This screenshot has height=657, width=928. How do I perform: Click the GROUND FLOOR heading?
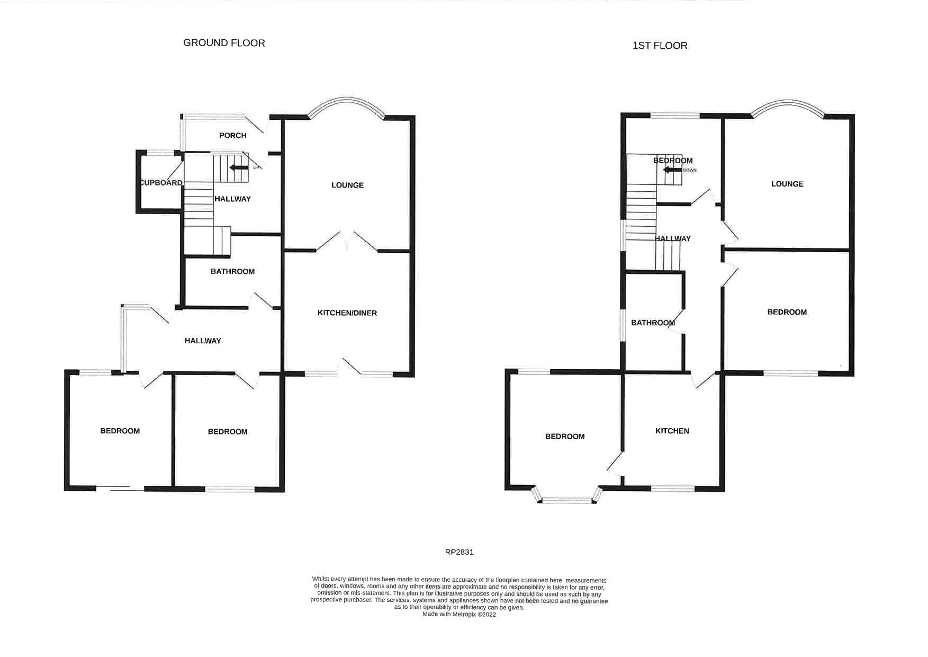[x=224, y=43]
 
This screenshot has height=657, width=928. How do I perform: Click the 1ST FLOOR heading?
[x=660, y=46]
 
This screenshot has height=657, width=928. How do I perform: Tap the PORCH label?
[x=232, y=135]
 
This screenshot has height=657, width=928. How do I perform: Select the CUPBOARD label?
[x=161, y=183]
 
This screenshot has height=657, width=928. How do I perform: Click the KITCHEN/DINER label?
[x=347, y=313]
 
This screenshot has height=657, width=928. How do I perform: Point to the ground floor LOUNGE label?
[x=347, y=185]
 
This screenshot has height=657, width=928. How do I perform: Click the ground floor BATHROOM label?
[x=232, y=271]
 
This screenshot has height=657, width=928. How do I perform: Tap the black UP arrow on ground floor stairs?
[x=238, y=167]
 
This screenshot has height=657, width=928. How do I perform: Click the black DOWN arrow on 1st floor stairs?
[x=672, y=170]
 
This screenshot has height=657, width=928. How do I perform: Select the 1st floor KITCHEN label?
[x=672, y=431]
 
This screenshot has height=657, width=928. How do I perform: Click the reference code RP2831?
[x=459, y=552]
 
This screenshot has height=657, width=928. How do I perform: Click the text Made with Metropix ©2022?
[x=459, y=615]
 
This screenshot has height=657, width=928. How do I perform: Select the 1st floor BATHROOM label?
[x=653, y=323]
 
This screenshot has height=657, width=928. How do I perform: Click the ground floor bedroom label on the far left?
[x=120, y=431]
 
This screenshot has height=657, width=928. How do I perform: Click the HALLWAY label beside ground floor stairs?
[x=232, y=199]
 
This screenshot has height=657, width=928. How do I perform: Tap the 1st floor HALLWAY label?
[x=673, y=239]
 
